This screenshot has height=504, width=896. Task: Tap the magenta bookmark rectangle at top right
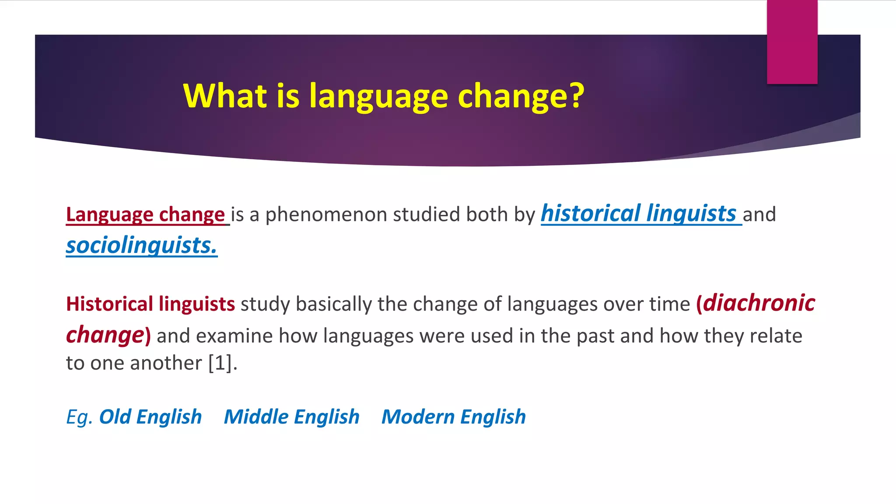[x=792, y=42]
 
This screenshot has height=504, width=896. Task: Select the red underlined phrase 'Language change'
[x=145, y=215]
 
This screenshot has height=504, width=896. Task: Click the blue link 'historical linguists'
[x=639, y=214]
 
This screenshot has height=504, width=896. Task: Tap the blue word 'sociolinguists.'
[x=141, y=245]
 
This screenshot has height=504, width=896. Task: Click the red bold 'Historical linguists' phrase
[x=150, y=304]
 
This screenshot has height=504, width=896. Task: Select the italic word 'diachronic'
[x=759, y=303]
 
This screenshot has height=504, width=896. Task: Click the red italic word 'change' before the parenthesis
[x=105, y=335]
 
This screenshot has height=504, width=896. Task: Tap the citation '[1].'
[x=223, y=363]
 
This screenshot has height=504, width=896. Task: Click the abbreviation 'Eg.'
[x=79, y=417]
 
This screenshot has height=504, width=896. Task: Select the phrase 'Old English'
[x=150, y=417]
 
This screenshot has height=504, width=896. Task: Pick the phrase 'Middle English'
[x=291, y=417]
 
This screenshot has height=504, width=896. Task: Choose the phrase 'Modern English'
[x=453, y=417]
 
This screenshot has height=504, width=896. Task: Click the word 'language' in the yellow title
[x=378, y=96]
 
